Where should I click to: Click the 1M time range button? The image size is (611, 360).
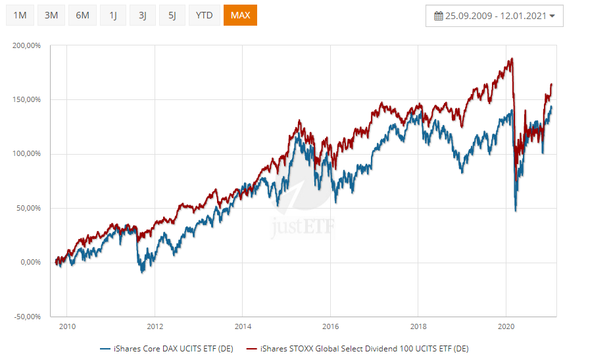coord(20,15)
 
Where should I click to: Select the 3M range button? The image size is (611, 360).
coord(51,15)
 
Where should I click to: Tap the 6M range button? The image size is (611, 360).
coord(82,15)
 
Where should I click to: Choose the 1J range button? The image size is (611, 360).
coord(112,15)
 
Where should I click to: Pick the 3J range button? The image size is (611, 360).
coord(143,15)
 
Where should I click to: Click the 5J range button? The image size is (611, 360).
coord(172,15)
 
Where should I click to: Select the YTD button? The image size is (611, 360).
coord(205,15)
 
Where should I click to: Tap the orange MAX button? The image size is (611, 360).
coord(240,15)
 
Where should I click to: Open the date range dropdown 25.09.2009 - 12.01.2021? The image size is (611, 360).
coord(495,16)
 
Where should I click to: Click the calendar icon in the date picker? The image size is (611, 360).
coord(438,16)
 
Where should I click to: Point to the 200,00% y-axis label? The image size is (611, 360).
coord(27,45)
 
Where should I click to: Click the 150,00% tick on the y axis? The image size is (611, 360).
coord(27,100)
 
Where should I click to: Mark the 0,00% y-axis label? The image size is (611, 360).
coord(30,263)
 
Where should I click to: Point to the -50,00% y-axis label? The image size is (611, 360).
coord(28,317)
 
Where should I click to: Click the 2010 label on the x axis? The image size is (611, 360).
coord(67,326)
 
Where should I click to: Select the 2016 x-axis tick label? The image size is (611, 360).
coord(330,326)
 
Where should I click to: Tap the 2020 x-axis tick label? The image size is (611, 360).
coord(506,326)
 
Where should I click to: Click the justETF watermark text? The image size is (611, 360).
coord(303,228)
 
